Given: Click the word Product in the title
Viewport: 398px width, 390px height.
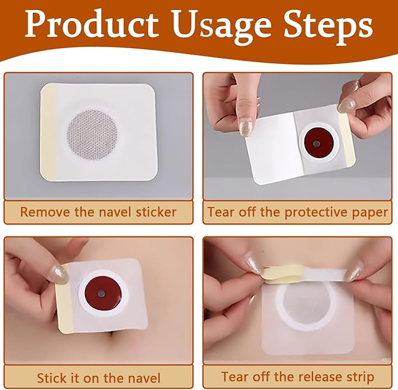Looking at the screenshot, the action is pyautogui.click(x=91, y=24).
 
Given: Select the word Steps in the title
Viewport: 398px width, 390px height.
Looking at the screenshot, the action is pyautogui.click(x=328, y=26).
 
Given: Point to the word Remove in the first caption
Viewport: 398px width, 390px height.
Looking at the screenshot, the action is pyautogui.click(x=46, y=212).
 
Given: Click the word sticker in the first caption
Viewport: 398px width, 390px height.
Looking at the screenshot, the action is pyautogui.click(x=155, y=212).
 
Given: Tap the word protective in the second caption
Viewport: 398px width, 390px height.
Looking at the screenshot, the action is pyautogui.click(x=317, y=213).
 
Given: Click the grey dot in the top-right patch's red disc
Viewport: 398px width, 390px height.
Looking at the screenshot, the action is pyautogui.click(x=317, y=144).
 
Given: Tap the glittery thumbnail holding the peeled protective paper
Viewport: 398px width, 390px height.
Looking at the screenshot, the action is pyautogui.click(x=246, y=128).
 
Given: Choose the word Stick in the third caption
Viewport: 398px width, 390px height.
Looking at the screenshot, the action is pyautogui.click(x=53, y=378).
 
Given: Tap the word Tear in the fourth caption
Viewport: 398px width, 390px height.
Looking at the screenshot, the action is pyautogui.click(x=234, y=377).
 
